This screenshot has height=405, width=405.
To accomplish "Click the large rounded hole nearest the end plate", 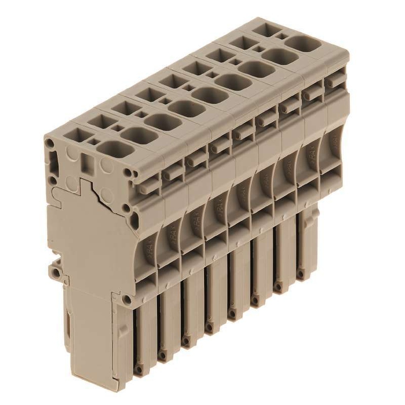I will point(115,149).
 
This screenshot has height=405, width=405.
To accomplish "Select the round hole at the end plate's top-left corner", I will point(49,143).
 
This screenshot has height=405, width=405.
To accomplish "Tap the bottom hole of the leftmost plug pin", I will point(139,370).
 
